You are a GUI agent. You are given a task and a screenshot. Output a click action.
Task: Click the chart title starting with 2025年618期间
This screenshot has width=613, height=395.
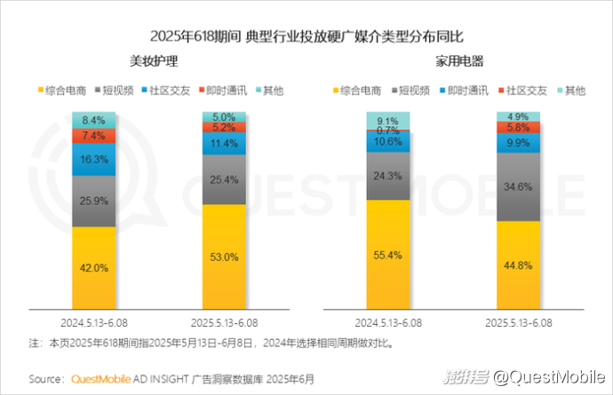pos(306,36)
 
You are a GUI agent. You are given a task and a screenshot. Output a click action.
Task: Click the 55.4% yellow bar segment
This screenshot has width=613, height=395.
pos(388,255)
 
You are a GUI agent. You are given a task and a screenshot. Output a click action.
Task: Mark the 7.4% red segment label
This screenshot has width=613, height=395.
pos(94,136)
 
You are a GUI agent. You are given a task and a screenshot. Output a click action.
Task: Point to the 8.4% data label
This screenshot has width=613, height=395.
pos(94,120)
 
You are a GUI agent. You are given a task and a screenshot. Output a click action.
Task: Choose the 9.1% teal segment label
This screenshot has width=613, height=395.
pos(388,121)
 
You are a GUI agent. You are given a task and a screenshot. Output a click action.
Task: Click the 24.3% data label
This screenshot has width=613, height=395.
pos(388,176)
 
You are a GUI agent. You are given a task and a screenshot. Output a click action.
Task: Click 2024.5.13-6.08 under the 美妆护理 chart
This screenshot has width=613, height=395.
pos(94,320)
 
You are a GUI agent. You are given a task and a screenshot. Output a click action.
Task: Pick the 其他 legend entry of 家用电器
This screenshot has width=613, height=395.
pos(573,91)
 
